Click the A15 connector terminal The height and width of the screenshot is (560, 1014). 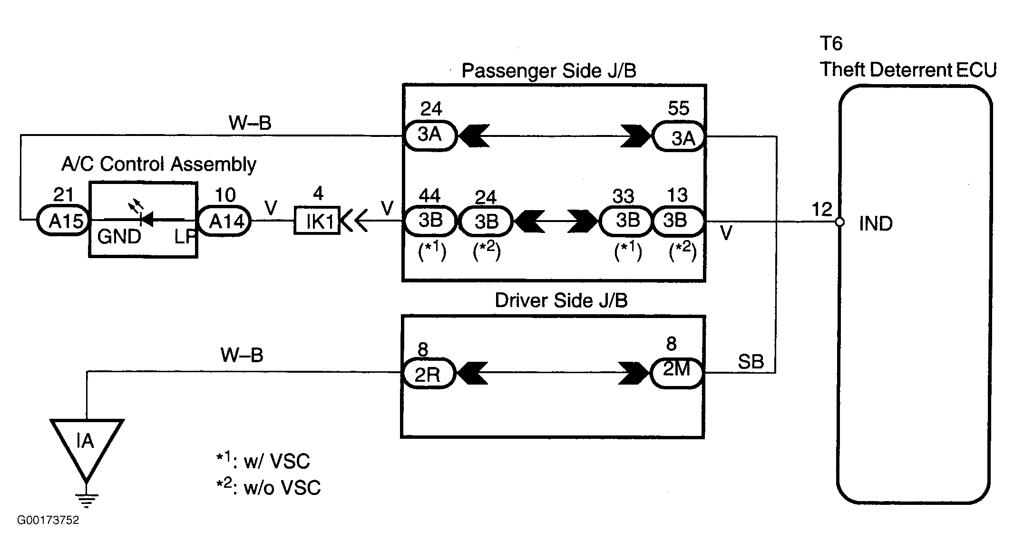tap(63, 220)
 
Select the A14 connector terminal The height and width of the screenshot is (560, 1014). tap(224, 220)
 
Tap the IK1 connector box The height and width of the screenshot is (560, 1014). tap(317, 220)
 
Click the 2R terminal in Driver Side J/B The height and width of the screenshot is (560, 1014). tap(429, 374)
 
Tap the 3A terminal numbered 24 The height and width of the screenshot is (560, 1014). tap(430, 136)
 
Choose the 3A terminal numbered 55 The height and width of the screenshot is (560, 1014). tap(679, 136)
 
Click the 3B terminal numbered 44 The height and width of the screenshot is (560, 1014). tap(430, 221)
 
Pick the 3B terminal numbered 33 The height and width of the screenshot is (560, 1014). tap(626, 221)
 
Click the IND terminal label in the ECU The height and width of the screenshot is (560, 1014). tap(876, 223)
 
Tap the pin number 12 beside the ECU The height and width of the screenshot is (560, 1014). tap(822, 209)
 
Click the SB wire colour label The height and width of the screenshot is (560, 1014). tap(751, 362)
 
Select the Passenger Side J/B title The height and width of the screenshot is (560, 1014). tap(548, 71)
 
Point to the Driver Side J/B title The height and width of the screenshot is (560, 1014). tap(561, 300)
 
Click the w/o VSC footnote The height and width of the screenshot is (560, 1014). tap(268, 487)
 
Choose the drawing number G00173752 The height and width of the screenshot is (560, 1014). tap(48, 520)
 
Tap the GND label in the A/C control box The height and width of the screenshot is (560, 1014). tap(119, 236)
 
